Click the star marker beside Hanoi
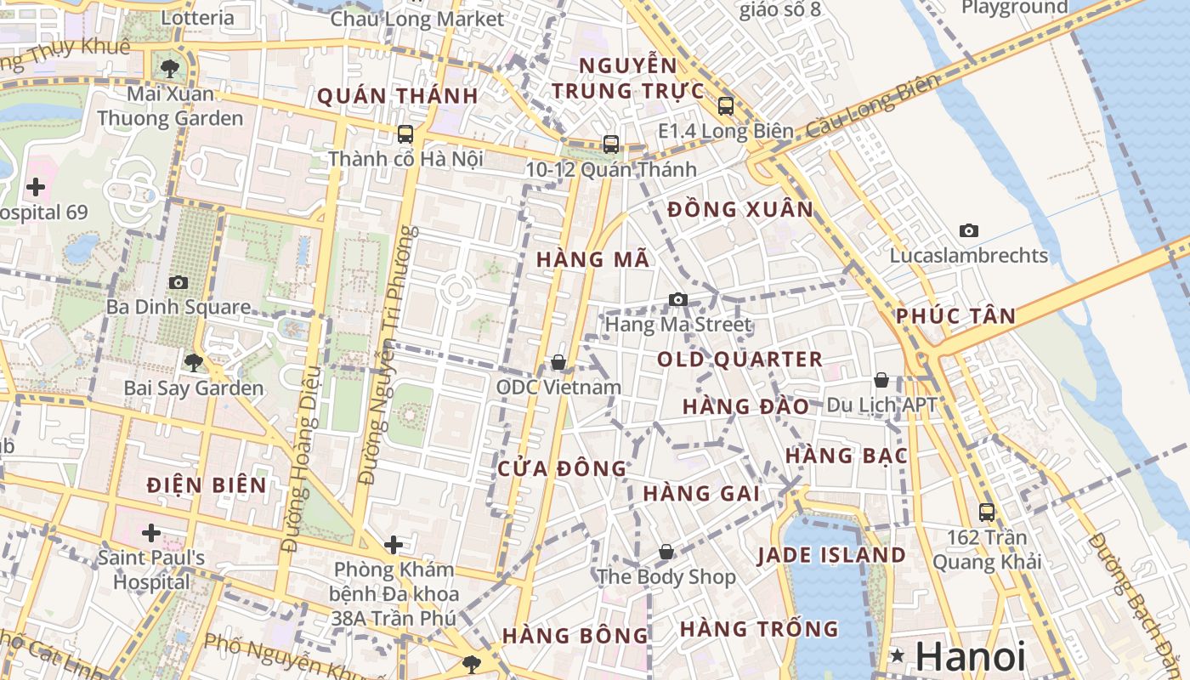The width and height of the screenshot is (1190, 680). pyautogui.click(x=898, y=655)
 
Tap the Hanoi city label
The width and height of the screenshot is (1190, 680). pyautogui.click(x=971, y=657)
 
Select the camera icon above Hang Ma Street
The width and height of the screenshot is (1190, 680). pyautogui.click(x=677, y=299)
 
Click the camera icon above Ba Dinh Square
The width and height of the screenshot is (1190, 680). pyautogui.click(x=178, y=282)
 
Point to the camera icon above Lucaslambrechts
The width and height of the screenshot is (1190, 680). pyautogui.click(x=968, y=230)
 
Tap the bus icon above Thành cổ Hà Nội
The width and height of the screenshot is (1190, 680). pyautogui.click(x=405, y=134)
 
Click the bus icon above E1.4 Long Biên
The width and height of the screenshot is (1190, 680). pyautogui.click(x=726, y=106)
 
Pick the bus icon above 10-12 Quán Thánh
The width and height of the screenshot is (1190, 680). pyautogui.click(x=610, y=144)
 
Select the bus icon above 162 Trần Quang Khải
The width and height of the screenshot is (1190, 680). pyautogui.click(x=987, y=513)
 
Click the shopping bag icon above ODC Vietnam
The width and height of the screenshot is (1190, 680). pyautogui.click(x=558, y=362)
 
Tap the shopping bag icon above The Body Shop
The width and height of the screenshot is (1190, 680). pyautogui.click(x=666, y=552)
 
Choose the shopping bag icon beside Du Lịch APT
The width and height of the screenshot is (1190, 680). pyautogui.click(x=881, y=380)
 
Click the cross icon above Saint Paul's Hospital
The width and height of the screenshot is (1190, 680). pyautogui.click(x=151, y=533)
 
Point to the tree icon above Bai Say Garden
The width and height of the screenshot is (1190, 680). pyautogui.click(x=194, y=363)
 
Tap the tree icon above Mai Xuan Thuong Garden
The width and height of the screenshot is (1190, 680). pyautogui.click(x=170, y=68)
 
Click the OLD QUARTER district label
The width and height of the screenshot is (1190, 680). pyautogui.click(x=739, y=360)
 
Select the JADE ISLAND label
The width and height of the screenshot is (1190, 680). pyautogui.click(x=831, y=556)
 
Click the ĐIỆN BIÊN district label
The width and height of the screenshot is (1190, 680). pyautogui.click(x=207, y=485)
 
